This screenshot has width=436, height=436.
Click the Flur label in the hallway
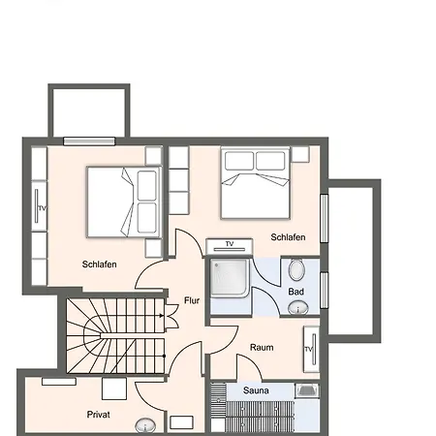192,300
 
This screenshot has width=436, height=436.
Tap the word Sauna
256,390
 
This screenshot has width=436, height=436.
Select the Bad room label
296,292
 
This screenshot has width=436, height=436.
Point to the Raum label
262,348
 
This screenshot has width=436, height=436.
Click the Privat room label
98,415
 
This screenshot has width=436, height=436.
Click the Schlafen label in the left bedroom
99,265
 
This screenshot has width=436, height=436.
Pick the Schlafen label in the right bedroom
288,237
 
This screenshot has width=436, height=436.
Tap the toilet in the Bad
296,269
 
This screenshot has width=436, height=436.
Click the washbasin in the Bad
297,308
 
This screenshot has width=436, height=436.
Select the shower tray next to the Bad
230,278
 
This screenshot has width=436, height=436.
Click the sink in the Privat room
145,425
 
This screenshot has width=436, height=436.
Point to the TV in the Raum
311,349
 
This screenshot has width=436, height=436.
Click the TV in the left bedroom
39,206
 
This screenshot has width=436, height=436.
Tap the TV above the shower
230,246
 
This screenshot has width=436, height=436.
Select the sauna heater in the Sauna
307,390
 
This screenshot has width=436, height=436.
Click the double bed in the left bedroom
124,202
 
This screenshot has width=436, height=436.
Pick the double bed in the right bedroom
255,183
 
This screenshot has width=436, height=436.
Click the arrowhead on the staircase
161,316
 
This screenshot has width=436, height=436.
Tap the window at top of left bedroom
89,141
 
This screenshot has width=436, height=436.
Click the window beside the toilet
325,291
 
